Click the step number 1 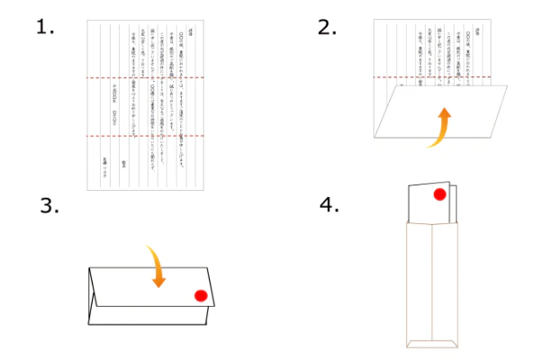pyautogui.click(x=44, y=26)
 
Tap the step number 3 pyautogui.click(x=49, y=205)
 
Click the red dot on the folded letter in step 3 pyautogui.click(x=201, y=295)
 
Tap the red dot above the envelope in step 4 pyautogui.click(x=440, y=193)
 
